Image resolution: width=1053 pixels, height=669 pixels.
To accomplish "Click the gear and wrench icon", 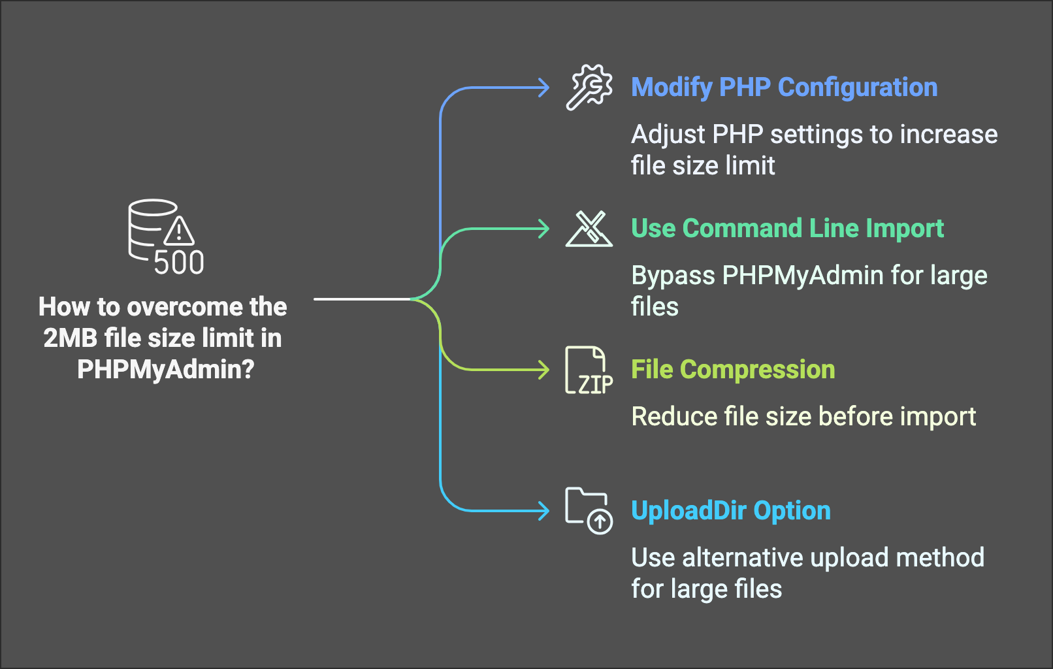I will click(589, 88).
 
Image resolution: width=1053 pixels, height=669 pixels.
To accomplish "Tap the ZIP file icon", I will click(589, 370).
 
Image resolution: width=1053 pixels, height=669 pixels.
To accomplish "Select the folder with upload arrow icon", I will click(589, 511).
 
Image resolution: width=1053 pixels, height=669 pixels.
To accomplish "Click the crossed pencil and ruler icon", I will click(589, 229).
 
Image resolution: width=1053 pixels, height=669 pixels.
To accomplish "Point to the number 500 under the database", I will click(179, 263).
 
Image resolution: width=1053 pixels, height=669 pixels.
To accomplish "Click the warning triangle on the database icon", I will click(178, 230).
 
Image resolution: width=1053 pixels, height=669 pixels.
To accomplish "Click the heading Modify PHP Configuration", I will click(784, 88).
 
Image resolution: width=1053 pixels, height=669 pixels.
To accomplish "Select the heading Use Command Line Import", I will click(787, 229).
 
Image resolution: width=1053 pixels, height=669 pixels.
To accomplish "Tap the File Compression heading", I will click(733, 370).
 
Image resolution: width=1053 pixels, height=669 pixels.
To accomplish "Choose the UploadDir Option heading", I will click(731, 511).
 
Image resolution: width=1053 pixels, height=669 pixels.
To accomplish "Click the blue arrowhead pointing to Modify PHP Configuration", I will click(543, 88).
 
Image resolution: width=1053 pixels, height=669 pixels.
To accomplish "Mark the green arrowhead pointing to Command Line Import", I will click(543, 229).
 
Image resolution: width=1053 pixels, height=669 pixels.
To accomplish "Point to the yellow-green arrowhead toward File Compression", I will click(543, 370).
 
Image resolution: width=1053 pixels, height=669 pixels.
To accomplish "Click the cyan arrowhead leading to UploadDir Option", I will click(543, 511).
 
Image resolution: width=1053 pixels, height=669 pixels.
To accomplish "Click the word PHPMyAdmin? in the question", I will click(166, 370).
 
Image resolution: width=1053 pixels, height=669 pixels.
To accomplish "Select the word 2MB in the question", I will click(71, 338).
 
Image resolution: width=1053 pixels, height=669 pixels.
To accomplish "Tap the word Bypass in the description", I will click(673, 276).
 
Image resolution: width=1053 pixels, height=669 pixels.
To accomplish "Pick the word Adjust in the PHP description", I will click(668, 135).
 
